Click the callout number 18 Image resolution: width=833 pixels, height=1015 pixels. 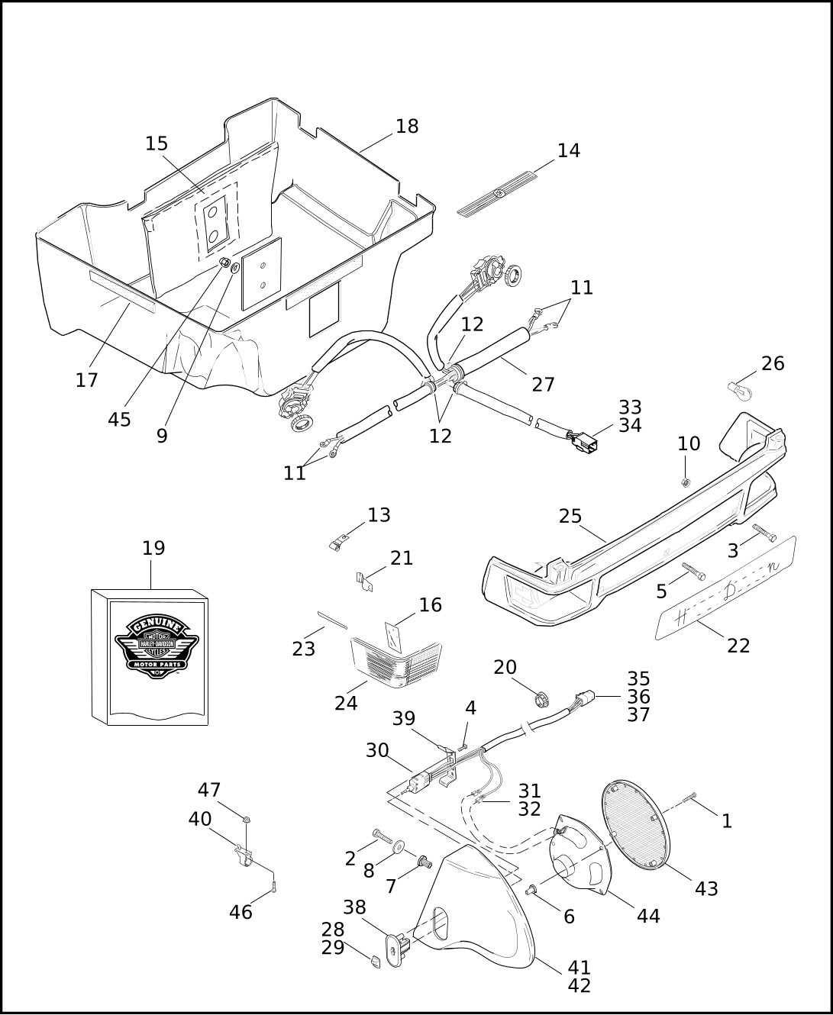407,127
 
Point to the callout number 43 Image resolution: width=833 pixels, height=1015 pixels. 706,888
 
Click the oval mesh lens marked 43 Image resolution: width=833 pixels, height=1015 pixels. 636,825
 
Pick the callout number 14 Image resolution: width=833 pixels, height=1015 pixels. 568,151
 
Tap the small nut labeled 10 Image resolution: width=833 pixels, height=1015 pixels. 686,482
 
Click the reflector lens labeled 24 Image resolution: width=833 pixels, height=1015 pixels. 396,660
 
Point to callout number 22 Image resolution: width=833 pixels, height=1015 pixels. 738,646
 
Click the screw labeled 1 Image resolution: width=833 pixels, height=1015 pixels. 691,797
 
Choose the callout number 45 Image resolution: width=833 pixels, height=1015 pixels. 119,419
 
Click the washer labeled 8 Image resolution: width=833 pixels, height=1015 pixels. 399,847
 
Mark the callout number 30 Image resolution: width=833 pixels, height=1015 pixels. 377,750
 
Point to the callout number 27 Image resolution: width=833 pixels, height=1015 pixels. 543,385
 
